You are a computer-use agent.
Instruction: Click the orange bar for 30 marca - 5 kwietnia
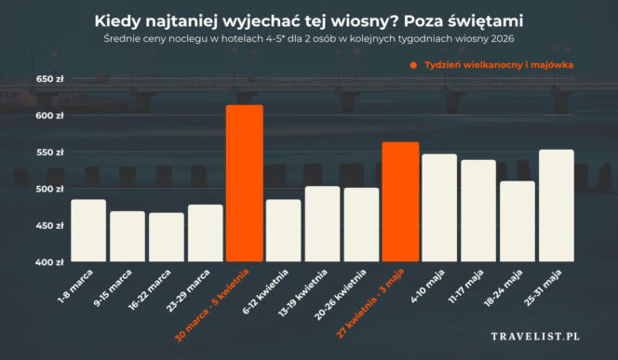tap(244, 184)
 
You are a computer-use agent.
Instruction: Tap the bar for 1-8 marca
tap(88, 231)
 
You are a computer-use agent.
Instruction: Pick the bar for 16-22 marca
tap(167, 237)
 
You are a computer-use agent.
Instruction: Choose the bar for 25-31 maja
tap(557, 206)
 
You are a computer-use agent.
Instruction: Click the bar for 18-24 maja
tap(517, 221)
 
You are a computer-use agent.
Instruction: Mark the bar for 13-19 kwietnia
tap(322, 224)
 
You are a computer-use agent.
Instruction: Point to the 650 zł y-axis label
tap(50, 79)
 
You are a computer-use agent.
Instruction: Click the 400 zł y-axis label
tap(50, 262)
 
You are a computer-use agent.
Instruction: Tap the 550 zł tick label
tap(50, 153)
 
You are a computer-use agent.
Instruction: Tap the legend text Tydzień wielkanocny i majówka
tap(496, 65)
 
